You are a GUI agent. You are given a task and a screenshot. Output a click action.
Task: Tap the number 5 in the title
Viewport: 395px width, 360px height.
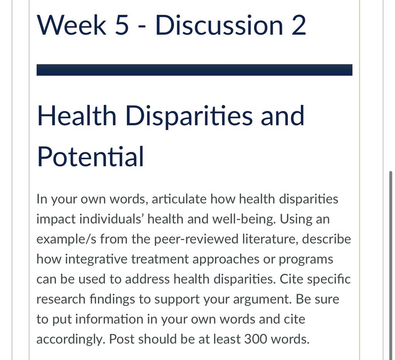click(x=122, y=25)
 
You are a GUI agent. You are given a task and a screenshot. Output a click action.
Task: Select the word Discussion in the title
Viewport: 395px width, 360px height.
click(x=219, y=25)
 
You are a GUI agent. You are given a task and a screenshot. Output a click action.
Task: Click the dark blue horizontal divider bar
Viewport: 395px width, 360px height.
click(x=194, y=70)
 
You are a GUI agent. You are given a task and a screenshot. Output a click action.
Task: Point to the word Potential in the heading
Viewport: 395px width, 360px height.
click(x=90, y=156)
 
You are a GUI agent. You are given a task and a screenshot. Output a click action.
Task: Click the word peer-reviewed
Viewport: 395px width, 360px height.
click(x=196, y=239)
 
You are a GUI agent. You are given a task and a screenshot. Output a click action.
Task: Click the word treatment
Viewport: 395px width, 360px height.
click(x=160, y=259)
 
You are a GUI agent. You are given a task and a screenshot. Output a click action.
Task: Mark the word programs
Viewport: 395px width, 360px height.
click(x=306, y=260)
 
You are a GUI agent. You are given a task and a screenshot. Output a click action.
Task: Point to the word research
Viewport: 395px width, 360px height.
click(x=61, y=299)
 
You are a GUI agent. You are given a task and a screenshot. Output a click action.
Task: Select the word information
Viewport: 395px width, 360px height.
click(x=109, y=319)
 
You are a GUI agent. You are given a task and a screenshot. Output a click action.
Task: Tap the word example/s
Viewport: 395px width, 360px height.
click(x=66, y=239)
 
